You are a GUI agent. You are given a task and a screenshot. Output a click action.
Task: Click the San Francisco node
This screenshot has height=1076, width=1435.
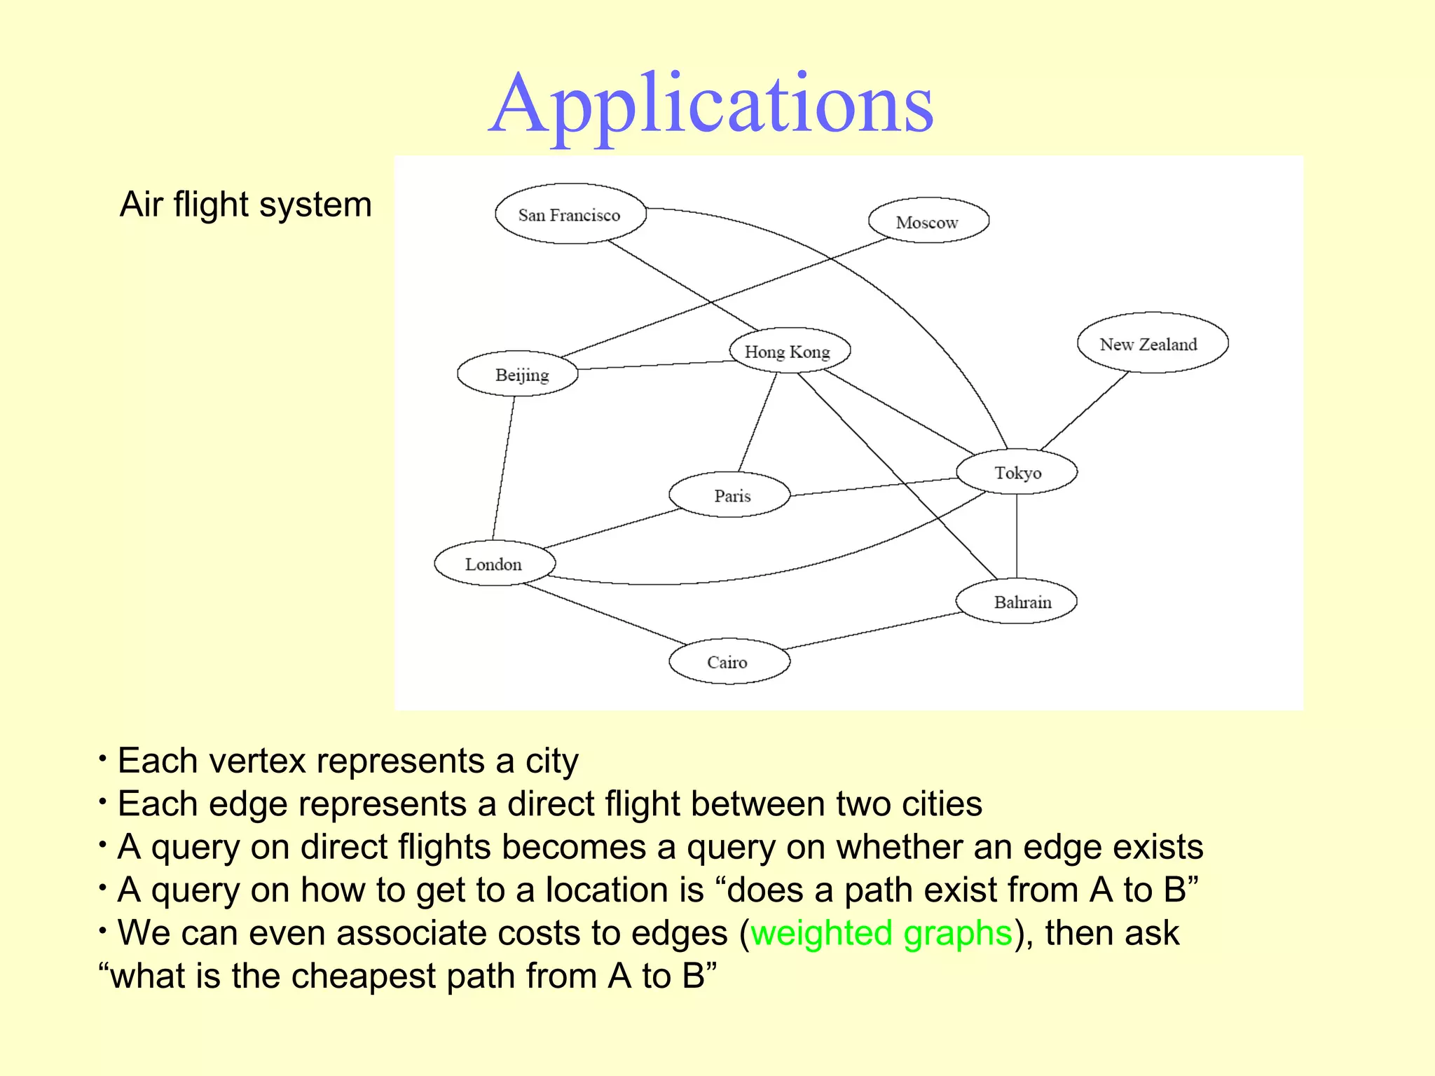[570, 214]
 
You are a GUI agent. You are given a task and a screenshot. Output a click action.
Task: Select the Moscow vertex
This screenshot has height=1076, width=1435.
[928, 221]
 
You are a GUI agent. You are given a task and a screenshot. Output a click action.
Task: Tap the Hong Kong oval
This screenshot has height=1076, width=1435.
[789, 351]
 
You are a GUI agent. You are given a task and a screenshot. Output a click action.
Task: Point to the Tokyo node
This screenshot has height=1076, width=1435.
[1017, 472]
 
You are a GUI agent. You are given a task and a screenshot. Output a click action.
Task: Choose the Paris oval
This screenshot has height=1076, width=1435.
[730, 495]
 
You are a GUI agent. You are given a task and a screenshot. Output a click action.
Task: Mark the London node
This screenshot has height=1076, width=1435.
[495, 563]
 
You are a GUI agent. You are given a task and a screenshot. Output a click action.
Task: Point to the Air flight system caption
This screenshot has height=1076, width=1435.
[245, 205]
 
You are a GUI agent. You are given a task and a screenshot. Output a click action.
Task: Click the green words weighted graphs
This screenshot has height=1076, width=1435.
[881, 934]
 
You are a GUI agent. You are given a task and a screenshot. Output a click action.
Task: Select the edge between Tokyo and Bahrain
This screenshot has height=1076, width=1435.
[1017, 536]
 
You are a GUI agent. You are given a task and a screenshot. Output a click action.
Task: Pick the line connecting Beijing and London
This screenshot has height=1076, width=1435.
[504, 468]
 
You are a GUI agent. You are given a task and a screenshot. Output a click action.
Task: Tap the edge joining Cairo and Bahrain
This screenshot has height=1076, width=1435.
[872, 631]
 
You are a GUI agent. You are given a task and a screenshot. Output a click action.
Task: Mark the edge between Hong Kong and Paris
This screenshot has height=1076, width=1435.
[758, 422]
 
